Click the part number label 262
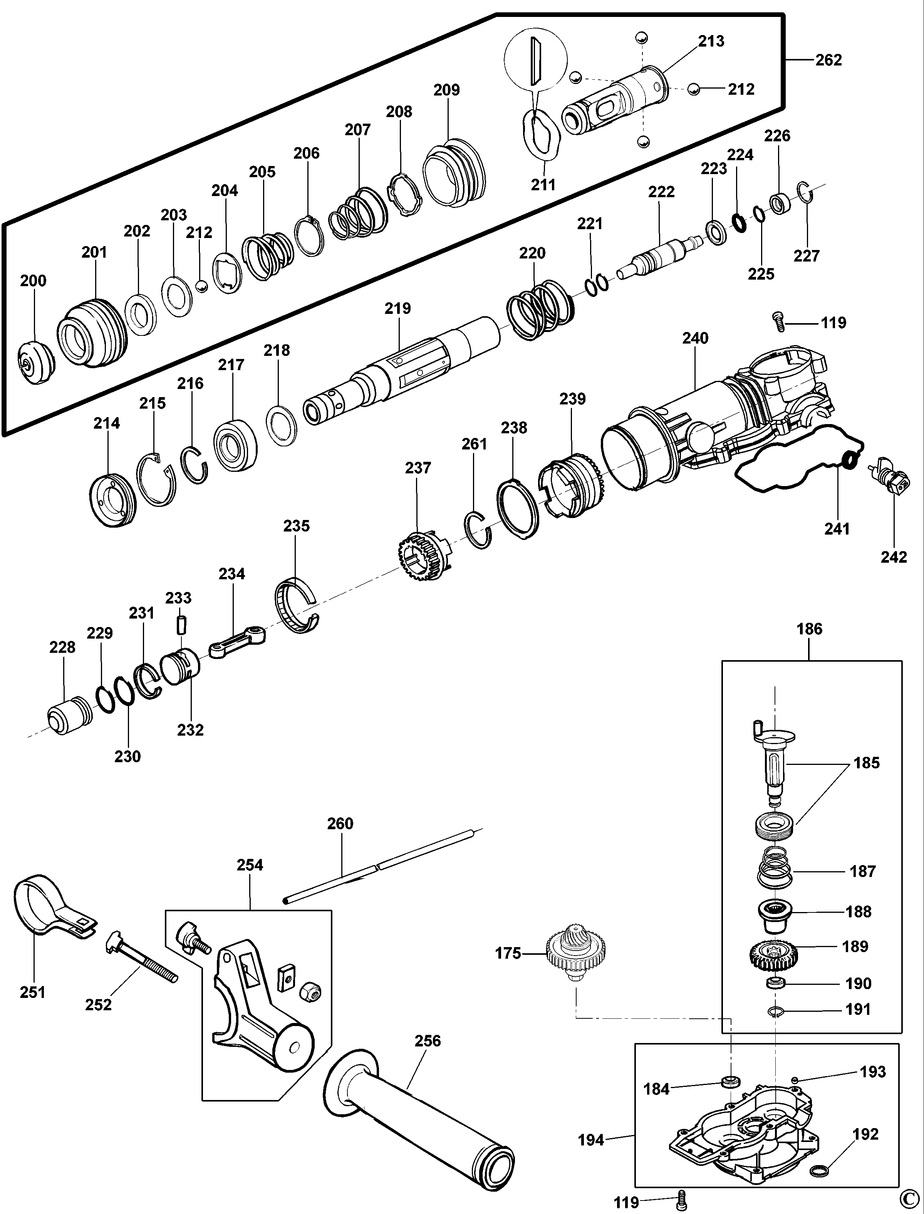[828, 60]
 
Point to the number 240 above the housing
[695, 338]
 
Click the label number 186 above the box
[809, 629]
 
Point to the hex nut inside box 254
[310, 992]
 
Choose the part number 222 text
[661, 191]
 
